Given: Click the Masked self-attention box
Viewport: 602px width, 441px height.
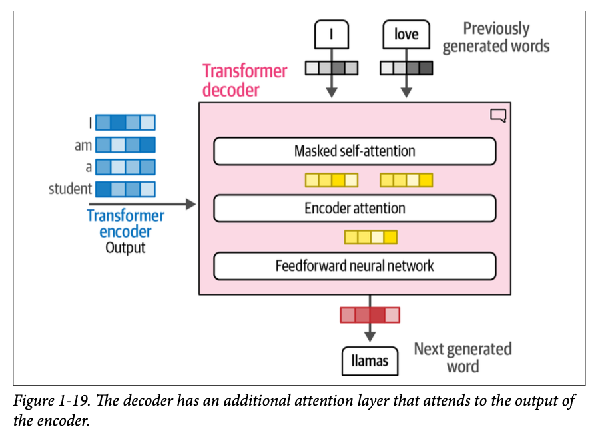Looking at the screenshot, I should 354,151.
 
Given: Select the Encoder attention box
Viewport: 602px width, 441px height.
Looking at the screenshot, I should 354,209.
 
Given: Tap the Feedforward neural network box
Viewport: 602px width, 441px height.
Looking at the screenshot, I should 354,266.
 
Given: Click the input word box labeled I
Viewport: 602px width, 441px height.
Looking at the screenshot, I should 331,34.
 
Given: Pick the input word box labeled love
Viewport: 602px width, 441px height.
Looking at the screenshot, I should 406,34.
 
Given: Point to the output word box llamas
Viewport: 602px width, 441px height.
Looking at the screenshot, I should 370,362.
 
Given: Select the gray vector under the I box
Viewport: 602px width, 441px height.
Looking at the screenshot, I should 331,67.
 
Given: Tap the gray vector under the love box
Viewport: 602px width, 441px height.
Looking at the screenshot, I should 406,67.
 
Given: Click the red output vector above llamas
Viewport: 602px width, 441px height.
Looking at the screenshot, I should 370,314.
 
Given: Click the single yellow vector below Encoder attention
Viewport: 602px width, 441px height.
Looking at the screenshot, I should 370,236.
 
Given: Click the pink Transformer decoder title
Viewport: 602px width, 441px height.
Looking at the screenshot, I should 244,80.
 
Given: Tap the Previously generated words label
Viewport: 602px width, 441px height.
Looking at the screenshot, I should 496,37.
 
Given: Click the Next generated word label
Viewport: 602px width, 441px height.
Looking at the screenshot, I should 463,358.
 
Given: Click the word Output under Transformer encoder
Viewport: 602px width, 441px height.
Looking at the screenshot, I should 125,248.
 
